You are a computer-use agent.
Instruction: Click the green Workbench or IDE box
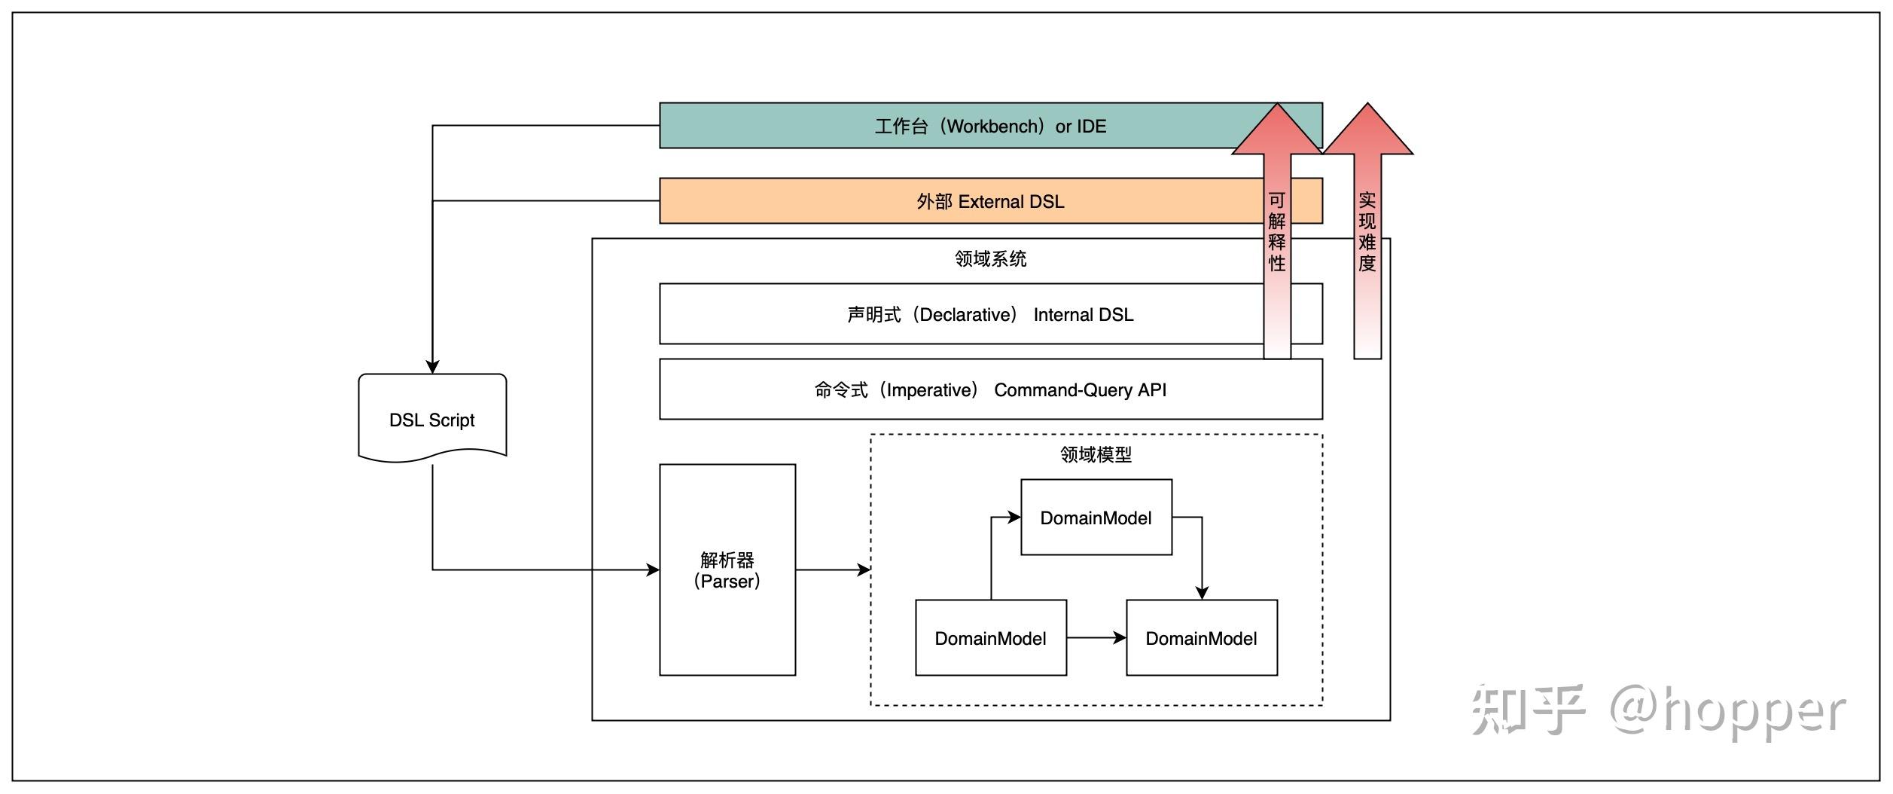tap(828, 126)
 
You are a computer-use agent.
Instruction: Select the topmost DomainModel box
tap(1096, 518)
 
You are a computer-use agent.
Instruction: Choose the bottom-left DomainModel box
tap(990, 638)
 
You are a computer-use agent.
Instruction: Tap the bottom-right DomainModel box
tap(1201, 638)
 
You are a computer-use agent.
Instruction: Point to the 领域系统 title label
tap(990, 259)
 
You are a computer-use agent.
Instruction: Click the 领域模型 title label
tap(1096, 455)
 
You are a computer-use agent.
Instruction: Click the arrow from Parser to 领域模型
tap(832, 570)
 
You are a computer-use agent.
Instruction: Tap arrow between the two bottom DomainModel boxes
tap(1096, 638)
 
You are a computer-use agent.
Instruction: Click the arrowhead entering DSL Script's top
tap(432, 366)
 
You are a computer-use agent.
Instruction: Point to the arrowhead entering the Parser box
tap(653, 570)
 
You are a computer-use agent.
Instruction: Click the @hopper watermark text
tap(1728, 712)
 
